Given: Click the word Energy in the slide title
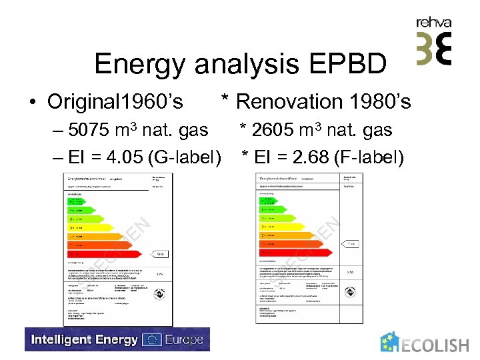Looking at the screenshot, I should coord(141,65).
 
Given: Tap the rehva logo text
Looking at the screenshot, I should coord(434,23).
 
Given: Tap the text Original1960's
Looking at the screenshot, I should coord(115,102).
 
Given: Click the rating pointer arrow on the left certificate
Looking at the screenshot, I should coord(162,254).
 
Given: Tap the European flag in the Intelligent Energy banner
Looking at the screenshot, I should coord(153,340).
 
